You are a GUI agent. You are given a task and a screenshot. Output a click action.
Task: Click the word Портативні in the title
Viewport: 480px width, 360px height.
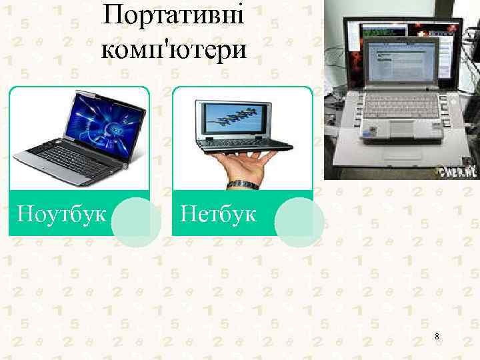pos(174,15)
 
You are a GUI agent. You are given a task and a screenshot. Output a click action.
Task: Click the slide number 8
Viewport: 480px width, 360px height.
pos(437,337)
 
